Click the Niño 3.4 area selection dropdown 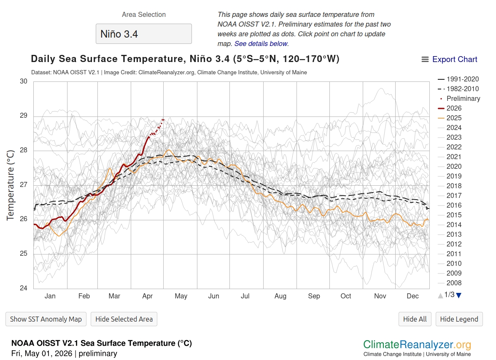143,34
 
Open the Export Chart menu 449,59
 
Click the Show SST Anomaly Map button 46,319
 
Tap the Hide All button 415,319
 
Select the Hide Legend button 459,319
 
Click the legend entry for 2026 450,108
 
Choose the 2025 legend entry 450,118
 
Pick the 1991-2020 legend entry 458,79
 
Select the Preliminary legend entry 460,98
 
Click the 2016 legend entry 450,206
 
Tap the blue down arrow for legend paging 459,295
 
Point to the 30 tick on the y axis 24,81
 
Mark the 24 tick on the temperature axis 24,288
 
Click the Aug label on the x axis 280,296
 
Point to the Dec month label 412,296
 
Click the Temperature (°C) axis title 11,185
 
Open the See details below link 261,44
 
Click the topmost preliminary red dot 163,119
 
